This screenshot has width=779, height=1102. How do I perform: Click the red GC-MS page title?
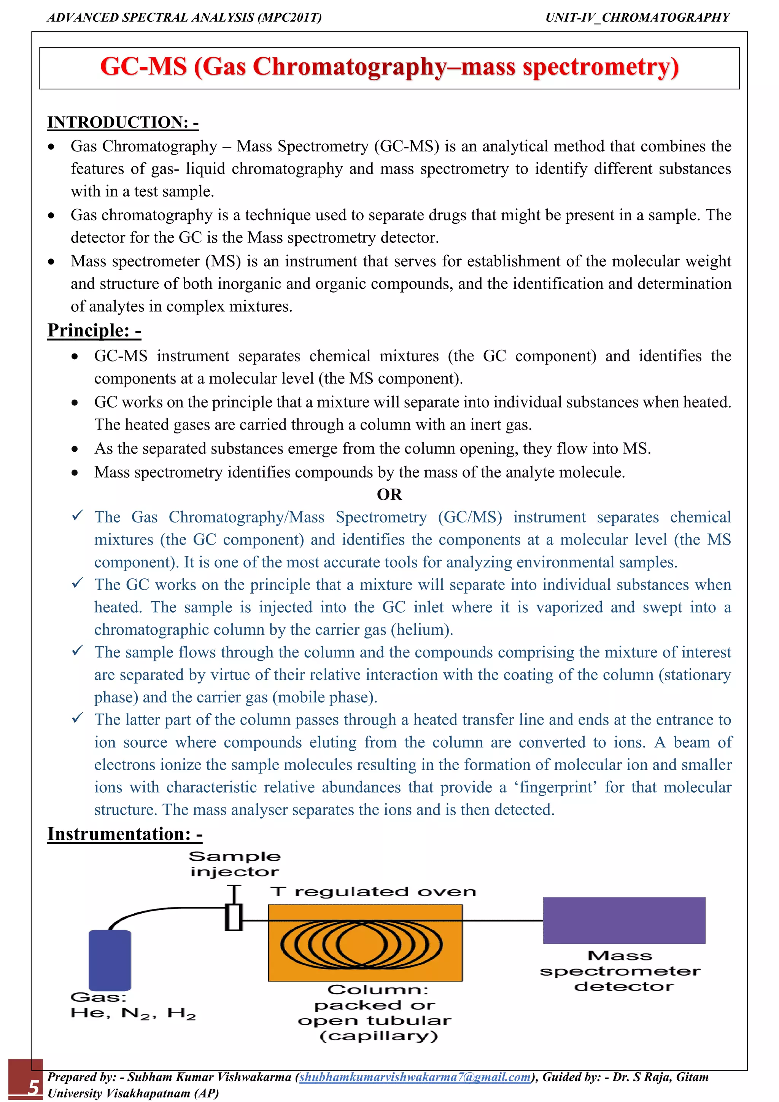click(x=389, y=67)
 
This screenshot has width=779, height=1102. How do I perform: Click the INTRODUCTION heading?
click(x=123, y=123)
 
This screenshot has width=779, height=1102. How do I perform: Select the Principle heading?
click(x=94, y=330)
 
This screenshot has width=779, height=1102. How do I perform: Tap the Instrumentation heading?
click(x=125, y=834)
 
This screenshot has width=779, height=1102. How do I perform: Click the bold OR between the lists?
click(x=389, y=494)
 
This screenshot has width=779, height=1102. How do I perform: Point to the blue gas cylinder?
click(x=110, y=960)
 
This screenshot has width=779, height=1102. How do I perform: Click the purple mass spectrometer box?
click(x=624, y=920)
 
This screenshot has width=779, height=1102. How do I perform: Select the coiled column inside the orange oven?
click(x=362, y=944)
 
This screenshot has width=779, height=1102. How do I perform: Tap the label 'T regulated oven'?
click(x=373, y=892)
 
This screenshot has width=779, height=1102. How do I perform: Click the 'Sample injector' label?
click(x=235, y=864)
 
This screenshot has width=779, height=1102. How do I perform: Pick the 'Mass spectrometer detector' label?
click(x=620, y=971)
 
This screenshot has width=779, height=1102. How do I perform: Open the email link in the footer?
click(x=415, y=1077)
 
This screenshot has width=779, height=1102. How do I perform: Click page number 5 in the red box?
click(x=33, y=1087)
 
